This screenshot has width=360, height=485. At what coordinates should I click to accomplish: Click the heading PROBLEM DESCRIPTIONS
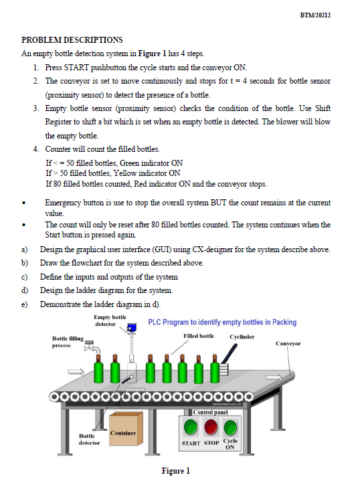[72, 40]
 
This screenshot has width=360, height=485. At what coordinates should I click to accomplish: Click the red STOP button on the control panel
[211, 427]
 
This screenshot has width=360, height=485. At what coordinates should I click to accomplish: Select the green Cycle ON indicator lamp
[231, 427]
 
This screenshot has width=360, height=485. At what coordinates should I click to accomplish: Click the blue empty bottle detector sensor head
[132, 326]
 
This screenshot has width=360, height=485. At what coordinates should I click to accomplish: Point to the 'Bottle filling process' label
[68, 343]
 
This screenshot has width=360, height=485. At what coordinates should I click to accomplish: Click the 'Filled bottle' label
[198, 335]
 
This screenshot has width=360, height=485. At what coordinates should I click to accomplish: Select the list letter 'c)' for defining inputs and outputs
[25, 277]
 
